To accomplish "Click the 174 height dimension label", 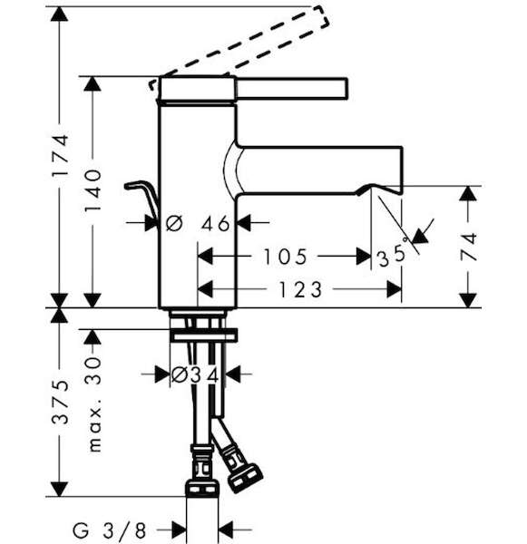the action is click(60, 155).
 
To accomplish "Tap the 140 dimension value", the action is click(93, 190).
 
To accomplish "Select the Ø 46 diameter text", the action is click(198, 223).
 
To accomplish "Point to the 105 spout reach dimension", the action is click(285, 257).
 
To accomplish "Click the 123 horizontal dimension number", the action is click(300, 290).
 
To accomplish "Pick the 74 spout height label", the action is click(469, 247).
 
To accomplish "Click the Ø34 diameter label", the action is click(195, 375).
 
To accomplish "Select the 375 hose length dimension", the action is click(60, 402).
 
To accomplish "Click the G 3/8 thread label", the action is click(109, 530).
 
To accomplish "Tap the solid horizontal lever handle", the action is click(292, 88).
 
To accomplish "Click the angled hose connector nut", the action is click(245, 478).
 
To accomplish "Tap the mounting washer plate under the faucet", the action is click(205, 336).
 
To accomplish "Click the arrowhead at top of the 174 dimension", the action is click(59, 15).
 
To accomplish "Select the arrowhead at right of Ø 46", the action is click(245, 223).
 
